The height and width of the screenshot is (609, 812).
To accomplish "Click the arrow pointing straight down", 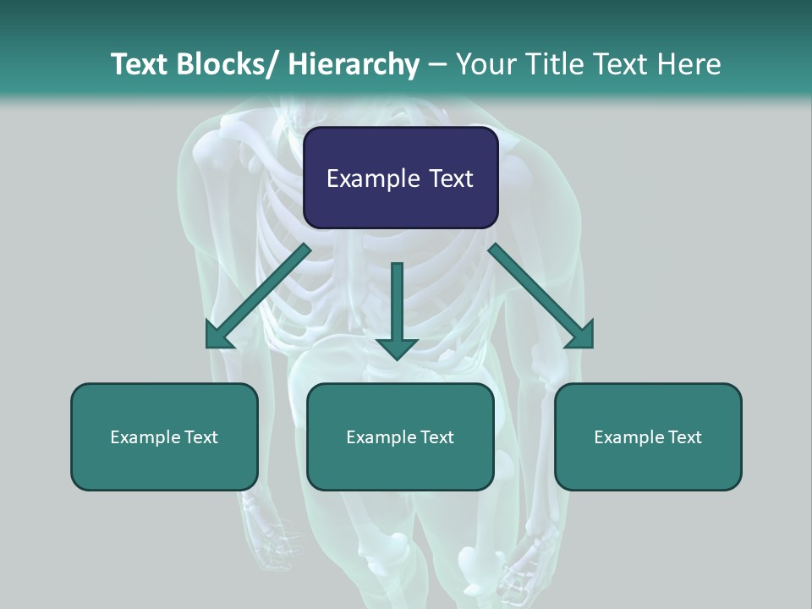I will [397, 309].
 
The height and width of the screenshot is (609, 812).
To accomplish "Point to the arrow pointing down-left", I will [258, 297].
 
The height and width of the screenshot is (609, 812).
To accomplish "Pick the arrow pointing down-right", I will [541, 297].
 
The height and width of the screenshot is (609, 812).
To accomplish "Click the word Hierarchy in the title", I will [354, 64].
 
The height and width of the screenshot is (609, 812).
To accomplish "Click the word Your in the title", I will [485, 64].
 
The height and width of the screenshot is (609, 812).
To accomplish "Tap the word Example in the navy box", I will [372, 178].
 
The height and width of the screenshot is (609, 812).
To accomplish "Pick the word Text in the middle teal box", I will [436, 437].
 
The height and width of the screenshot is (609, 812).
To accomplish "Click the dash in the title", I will [437, 64].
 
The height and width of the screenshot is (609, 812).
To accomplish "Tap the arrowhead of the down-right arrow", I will [581, 336].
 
